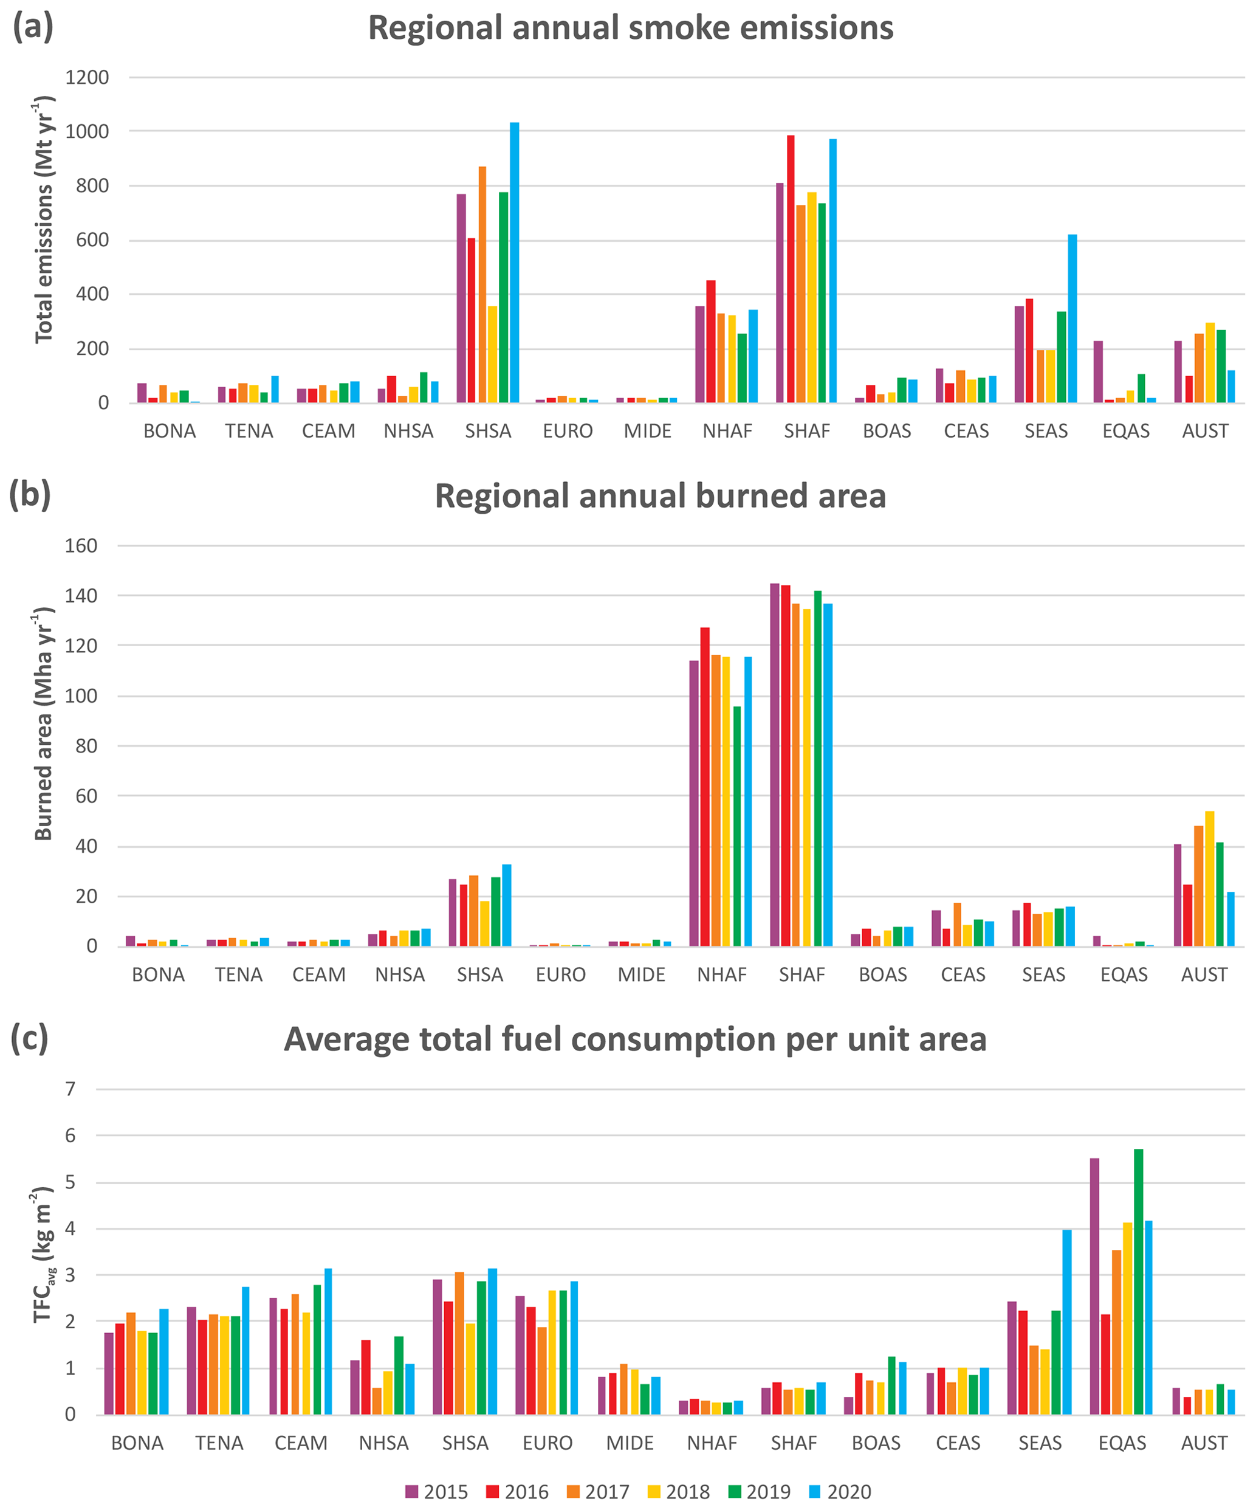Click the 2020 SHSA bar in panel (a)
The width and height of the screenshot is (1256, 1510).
point(515,263)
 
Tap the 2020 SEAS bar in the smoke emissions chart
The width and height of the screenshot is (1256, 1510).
point(1072,319)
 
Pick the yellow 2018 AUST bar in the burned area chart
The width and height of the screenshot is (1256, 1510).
point(1210,878)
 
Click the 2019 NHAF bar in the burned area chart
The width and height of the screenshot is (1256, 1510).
point(737,826)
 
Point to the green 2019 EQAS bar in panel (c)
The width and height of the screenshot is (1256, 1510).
point(1138,1282)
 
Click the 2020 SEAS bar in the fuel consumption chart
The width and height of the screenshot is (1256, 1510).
point(1067,1322)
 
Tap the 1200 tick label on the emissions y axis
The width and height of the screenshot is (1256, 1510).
point(87,78)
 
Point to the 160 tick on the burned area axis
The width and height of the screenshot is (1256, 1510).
point(81,546)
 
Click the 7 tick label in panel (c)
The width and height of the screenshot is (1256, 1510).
point(70,1089)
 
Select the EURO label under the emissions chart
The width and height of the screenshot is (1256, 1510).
point(568,432)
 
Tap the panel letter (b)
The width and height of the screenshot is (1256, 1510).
point(30,495)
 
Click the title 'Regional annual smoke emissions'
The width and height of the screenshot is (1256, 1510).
point(631,29)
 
